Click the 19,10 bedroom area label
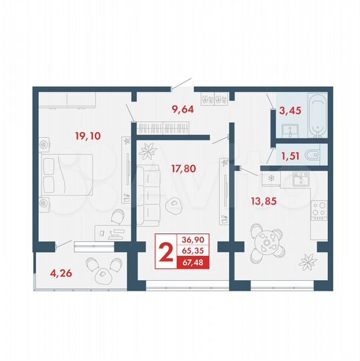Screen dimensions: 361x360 (x=87, y=136)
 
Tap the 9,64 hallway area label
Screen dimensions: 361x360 (x=183, y=110)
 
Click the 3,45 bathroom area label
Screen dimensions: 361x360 (x=291, y=111)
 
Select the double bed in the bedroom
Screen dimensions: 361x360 (x=67, y=174)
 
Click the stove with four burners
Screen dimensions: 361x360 (x=319, y=211)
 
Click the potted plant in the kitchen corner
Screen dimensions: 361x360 (x=309, y=259)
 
